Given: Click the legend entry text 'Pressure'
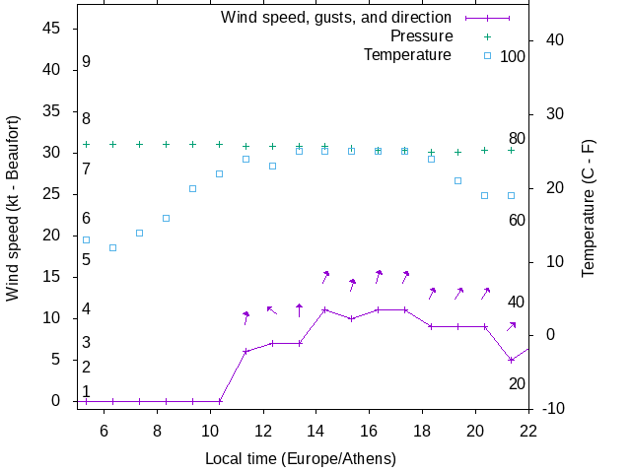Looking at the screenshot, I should pyautogui.click(x=421, y=36).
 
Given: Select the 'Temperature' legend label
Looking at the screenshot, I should pyautogui.click(x=407, y=55).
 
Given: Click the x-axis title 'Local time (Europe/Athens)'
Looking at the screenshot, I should pyautogui.click(x=301, y=459).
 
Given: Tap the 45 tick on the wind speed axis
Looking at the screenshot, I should pyautogui.click(x=54, y=29).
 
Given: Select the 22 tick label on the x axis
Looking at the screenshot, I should pyautogui.click(x=528, y=430).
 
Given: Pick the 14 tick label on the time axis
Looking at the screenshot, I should pyautogui.click(x=316, y=430).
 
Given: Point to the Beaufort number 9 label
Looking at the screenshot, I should pyautogui.click(x=87, y=62).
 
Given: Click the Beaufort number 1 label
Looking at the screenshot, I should pyautogui.click(x=87, y=392).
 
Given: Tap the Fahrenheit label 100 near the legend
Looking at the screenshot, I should pyautogui.click(x=513, y=56).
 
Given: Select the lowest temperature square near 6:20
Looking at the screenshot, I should pyautogui.click(x=112, y=247).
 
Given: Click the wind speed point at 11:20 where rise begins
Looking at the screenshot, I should pyautogui.click(x=245, y=352).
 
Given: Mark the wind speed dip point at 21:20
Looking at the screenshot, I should pyautogui.click(x=511, y=360).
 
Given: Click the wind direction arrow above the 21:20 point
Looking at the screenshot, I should pyautogui.click(x=512, y=325).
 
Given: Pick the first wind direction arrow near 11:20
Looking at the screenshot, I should pyautogui.click(x=246, y=317).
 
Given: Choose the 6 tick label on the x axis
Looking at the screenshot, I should pyautogui.click(x=105, y=430).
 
